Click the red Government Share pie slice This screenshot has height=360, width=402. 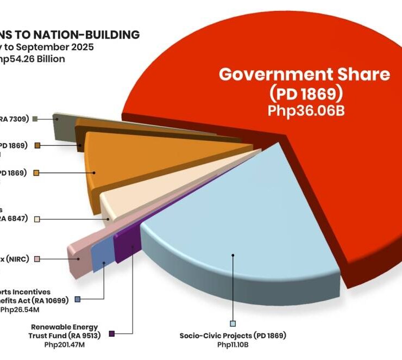(304, 163)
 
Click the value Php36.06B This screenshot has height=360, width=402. (304, 110)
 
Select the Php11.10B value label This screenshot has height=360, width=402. (233, 345)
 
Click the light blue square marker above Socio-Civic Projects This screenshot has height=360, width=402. (233, 323)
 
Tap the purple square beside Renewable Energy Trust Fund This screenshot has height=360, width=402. (112, 333)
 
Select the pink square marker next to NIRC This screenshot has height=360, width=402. (37, 259)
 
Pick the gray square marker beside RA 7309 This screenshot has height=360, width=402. (35, 119)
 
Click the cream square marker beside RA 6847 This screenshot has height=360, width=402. (37, 219)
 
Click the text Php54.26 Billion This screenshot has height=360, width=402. (35, 59)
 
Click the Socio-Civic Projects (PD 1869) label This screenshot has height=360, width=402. (233, 336)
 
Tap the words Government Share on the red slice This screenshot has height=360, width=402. (304, 75)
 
